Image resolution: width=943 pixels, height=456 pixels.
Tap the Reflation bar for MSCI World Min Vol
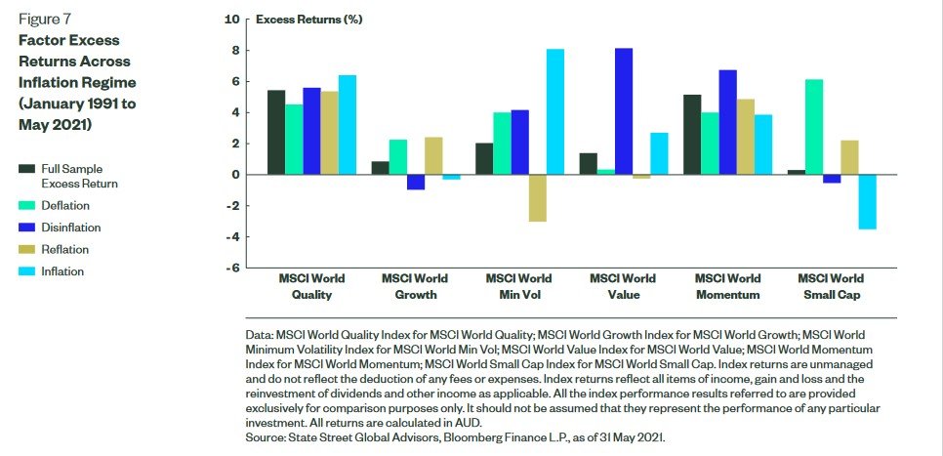tap(537, 198)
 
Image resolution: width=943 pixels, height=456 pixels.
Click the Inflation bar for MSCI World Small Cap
tap(868, 202)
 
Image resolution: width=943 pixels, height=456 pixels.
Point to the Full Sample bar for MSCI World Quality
tap(276, 133)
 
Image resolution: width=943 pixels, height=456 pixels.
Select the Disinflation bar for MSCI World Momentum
tap(727, 122)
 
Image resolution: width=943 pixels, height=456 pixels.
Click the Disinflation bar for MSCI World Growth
tap(417, 182)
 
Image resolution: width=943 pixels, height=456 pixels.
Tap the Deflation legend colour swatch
tap(26, 206)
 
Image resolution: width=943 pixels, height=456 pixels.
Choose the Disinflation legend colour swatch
tap(26, 228)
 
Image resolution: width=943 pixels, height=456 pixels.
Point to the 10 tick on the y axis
tap(231, 19)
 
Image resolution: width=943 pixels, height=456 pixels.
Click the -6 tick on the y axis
tap(230, 269)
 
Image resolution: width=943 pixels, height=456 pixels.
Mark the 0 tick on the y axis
tap(234, 175)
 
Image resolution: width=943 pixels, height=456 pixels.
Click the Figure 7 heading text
tap(46, 19)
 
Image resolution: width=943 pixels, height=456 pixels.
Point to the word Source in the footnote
tap(267, 438)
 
